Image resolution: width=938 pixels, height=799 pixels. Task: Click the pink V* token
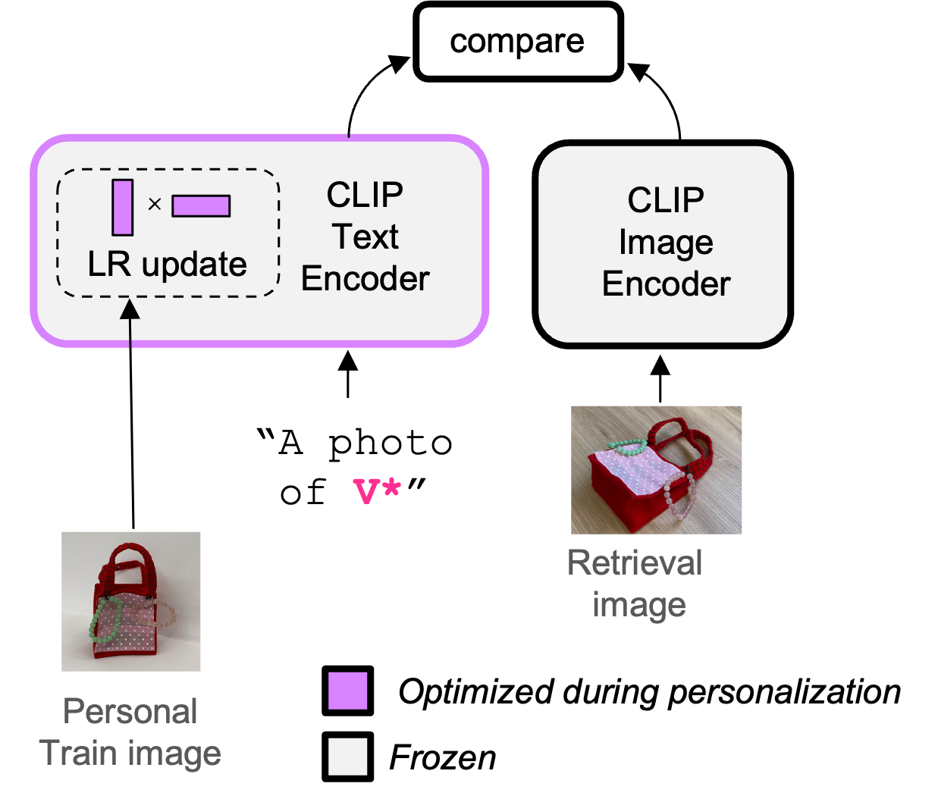click(377, 491)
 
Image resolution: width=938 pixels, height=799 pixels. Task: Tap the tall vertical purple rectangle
click(122, 207)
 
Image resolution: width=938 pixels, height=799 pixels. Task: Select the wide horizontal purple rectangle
click(201, 205)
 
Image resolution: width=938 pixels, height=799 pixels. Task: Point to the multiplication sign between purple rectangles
click(155, 204)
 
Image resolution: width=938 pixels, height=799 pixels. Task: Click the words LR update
click(167, 265)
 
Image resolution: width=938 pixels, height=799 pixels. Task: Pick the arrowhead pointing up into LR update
click(130, 309)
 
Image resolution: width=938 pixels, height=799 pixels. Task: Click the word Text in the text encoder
click(365, 237)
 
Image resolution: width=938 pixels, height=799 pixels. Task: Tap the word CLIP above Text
click(365, 196)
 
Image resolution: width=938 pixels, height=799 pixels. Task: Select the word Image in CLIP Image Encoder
click(666, 243)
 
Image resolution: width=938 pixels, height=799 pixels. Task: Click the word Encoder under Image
click(666, 284)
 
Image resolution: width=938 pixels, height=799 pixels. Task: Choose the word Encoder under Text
click(365, 279)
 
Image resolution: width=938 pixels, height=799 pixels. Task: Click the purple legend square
click(347, 691)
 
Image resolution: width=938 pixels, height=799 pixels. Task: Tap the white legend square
click(347, 757)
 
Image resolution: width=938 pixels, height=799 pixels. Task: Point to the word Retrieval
click(635, 563)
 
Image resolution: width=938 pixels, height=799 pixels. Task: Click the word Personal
click(130, 712)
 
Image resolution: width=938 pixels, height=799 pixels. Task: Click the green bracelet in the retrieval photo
click(628, 446)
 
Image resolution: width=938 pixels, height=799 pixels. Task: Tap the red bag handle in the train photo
click(130, 557)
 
